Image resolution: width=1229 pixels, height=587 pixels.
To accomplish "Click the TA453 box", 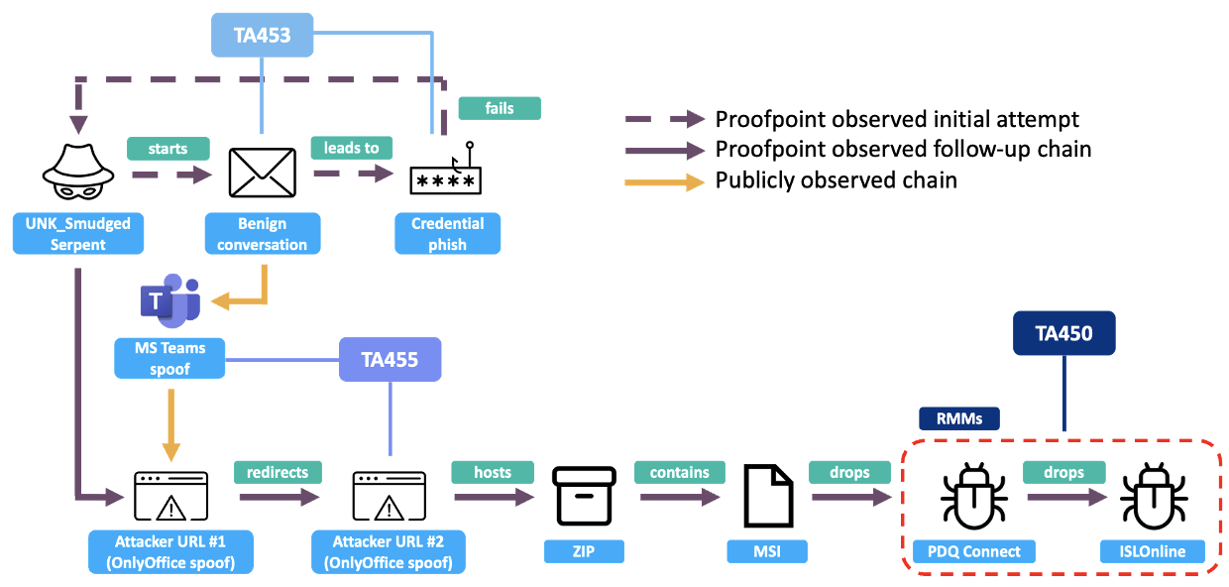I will point(262,35).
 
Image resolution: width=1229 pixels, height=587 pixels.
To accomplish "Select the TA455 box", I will point(390,359).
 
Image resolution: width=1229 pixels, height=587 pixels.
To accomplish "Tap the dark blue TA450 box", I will point(1063,333).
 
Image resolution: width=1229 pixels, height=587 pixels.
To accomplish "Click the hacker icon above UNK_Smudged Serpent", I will point(77,170).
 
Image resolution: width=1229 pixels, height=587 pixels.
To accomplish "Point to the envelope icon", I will point(262,173).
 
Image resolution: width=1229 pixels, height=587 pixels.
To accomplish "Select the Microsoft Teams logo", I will point(169,303).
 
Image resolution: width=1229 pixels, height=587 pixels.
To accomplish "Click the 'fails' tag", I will point(500,108).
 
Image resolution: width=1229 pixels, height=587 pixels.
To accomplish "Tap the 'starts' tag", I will point(168,149).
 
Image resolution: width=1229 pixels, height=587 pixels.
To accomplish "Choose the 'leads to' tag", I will point(351,148).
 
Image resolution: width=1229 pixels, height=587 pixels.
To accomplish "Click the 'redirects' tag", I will point(278,472).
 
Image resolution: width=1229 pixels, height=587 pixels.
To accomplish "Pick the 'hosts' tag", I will point(493,472).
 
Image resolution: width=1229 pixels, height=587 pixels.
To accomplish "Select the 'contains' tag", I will point(679,472).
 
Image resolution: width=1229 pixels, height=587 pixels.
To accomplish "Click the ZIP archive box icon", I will point(585,495).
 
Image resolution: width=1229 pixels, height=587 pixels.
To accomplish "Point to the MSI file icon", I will point(768,495).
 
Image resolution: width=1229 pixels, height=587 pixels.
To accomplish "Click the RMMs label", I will point(959,418).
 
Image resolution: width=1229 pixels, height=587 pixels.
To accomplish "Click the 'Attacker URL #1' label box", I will point(169,551).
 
